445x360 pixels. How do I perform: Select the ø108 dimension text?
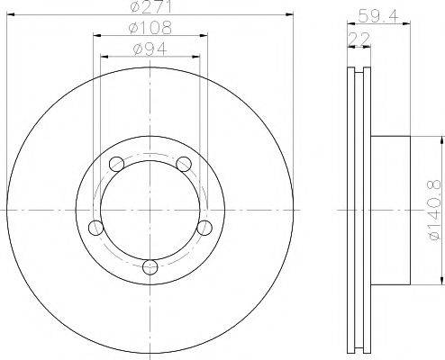click(149, 29)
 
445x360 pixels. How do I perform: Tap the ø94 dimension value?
click(149, 49)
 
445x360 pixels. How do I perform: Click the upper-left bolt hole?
click(114, 164)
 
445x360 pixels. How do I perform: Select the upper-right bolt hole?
click(184, 164)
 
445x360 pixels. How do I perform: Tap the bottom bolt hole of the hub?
click(150, 265)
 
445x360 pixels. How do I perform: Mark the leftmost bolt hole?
click(94, 226)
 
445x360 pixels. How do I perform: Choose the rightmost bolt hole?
click(204, 226)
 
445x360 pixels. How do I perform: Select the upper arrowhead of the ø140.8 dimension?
click(442, 140)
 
